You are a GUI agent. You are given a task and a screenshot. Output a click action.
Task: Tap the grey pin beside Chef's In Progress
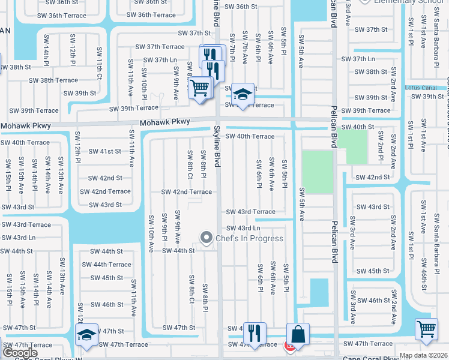[x=206, y=238]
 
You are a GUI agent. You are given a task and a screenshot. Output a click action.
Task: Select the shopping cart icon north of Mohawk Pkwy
[x=200, y=88]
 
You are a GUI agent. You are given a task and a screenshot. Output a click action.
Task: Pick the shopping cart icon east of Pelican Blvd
[x=426, y=328]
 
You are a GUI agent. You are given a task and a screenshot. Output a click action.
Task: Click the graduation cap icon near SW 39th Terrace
[x=243, y=94]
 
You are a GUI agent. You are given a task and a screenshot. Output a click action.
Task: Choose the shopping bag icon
[x=298, y=334]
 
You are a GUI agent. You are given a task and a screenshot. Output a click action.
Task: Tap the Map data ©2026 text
[x=424, y=355]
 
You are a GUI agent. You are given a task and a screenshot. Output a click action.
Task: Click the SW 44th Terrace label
[x=107, y=265]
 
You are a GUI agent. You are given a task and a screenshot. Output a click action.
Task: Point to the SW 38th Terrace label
[x=53, y=80]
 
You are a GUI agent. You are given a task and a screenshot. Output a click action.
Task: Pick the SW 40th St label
[x=358, y=127]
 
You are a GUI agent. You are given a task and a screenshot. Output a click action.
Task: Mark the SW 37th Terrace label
[x=160, y=47]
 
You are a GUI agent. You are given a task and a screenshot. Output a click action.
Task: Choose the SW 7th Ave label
[x=245, y=47]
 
